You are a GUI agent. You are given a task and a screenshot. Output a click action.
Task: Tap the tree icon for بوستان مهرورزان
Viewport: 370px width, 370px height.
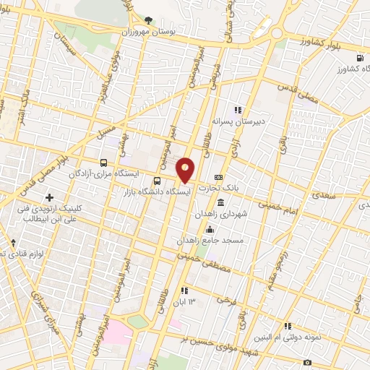pos(148,21)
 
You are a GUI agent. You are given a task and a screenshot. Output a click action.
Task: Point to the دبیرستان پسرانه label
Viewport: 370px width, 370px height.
pos(239,121)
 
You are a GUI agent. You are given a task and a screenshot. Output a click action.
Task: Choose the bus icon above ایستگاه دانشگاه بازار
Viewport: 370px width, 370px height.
pos(158,181)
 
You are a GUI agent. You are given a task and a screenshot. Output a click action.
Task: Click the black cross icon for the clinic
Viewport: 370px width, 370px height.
pos(49,197)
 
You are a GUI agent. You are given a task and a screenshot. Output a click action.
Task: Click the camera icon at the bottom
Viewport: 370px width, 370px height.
pos(308,361)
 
